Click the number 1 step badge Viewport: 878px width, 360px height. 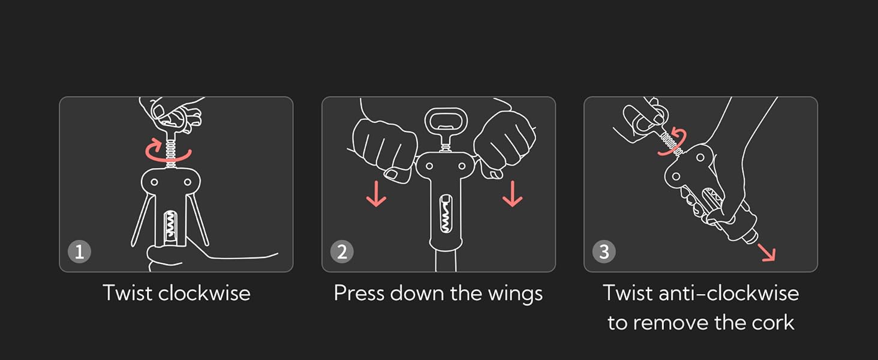pyautogui.click(x=79, y=251)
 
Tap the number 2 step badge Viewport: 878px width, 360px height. pyautogui.click(x=342, y=251)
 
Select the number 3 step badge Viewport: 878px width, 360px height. pyautogui.click(x=604, y=251)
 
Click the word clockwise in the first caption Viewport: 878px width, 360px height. pyautogui.click(x=204, y=293)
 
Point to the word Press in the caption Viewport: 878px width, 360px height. pyautogui.click(x=359, y=293)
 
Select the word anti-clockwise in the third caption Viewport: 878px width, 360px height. pyautogui.click(x=729, y=293)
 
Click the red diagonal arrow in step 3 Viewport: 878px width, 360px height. pyautogui.click(x=766, y=252)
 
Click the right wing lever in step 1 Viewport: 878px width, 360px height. pyautogui.click(x=199, y=220)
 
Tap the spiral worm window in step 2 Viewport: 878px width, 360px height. pyautogui.click(x=446, y=214)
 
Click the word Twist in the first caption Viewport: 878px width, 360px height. pyautogui.click(x=128, y=293)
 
